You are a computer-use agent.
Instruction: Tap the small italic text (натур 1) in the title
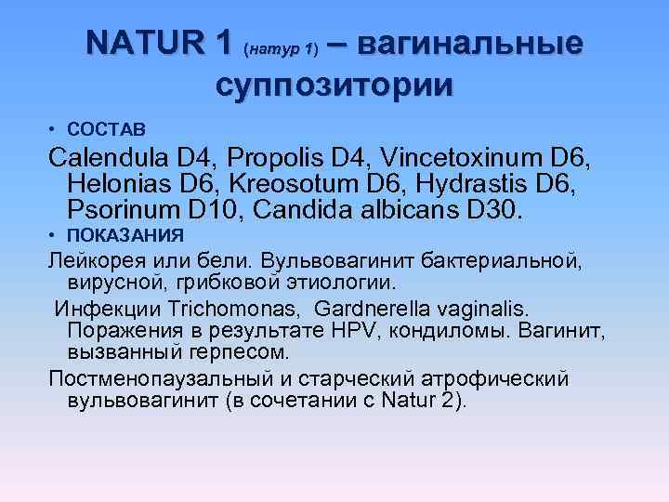click(281, 46)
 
